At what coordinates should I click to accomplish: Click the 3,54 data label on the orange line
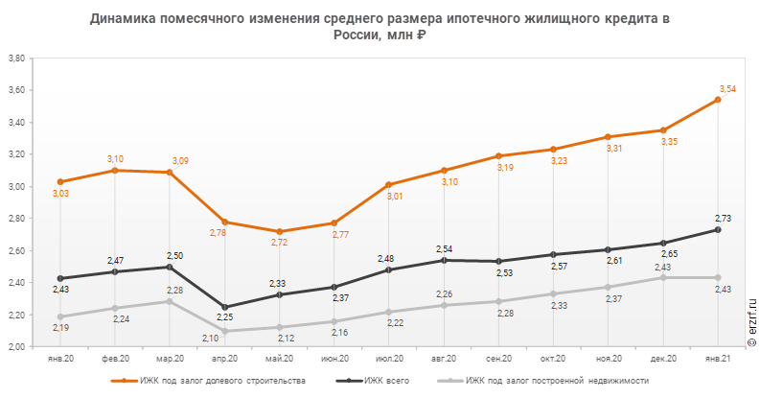pos(727,89)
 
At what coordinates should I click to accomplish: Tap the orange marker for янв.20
pos(60,181)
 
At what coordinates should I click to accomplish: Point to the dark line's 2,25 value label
pos(224,316)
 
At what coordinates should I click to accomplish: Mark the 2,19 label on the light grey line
pos(60,327)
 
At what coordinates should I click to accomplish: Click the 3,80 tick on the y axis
pos(16,59)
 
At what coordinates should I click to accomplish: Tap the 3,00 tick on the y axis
pos(16,187)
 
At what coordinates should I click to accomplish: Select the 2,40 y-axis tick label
pos(16,283)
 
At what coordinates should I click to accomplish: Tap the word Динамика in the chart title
pos(124,18)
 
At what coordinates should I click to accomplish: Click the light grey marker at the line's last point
pos(717,278)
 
